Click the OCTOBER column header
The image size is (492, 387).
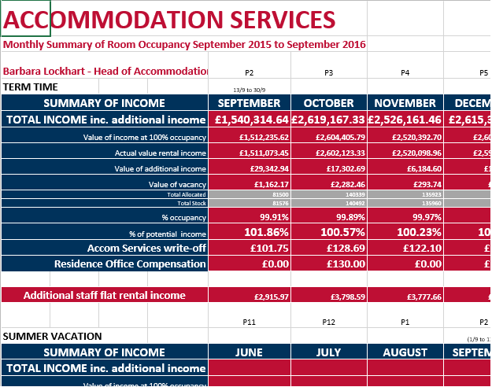point(328,103)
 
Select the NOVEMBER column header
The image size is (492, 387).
point(405,103)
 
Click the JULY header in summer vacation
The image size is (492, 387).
point(328,352)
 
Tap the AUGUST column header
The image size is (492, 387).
point(405,352)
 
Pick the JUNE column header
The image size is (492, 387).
point(250,352)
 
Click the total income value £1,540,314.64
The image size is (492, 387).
point(250,120)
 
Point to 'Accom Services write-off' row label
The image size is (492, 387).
point(146,248)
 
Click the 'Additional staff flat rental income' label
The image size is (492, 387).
point(105,296)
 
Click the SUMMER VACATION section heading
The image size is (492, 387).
point(53,336)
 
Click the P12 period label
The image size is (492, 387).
point(328,321)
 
